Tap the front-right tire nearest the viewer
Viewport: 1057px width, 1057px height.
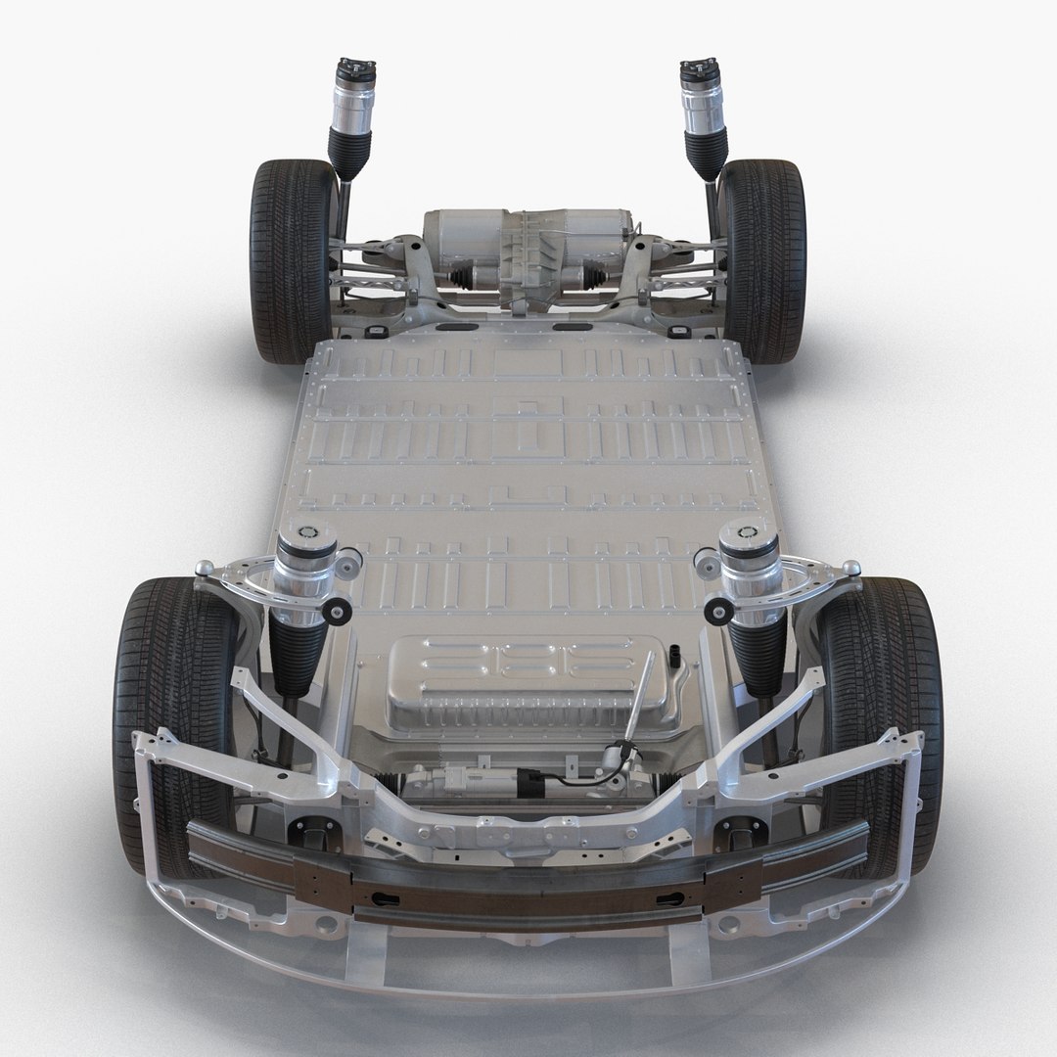pos(886,705)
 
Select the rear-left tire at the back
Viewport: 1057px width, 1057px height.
pos(284,259)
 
